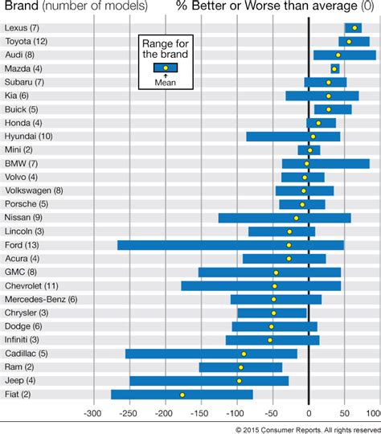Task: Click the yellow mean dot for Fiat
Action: pos(182,395)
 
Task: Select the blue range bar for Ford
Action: pos(231,244)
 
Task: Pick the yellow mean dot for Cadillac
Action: pos(244,354)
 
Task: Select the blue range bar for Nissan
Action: pos(285,217)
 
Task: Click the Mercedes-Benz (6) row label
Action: pos(39,299)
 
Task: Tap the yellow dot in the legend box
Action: pos(166,68)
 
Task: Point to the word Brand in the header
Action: pos(22,7)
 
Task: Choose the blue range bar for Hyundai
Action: pos(293,136)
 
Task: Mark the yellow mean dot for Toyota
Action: pos(348,41)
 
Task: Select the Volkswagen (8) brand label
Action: pos(34,190)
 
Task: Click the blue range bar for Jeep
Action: pos(209,381)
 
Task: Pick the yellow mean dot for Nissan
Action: pos(296,217)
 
